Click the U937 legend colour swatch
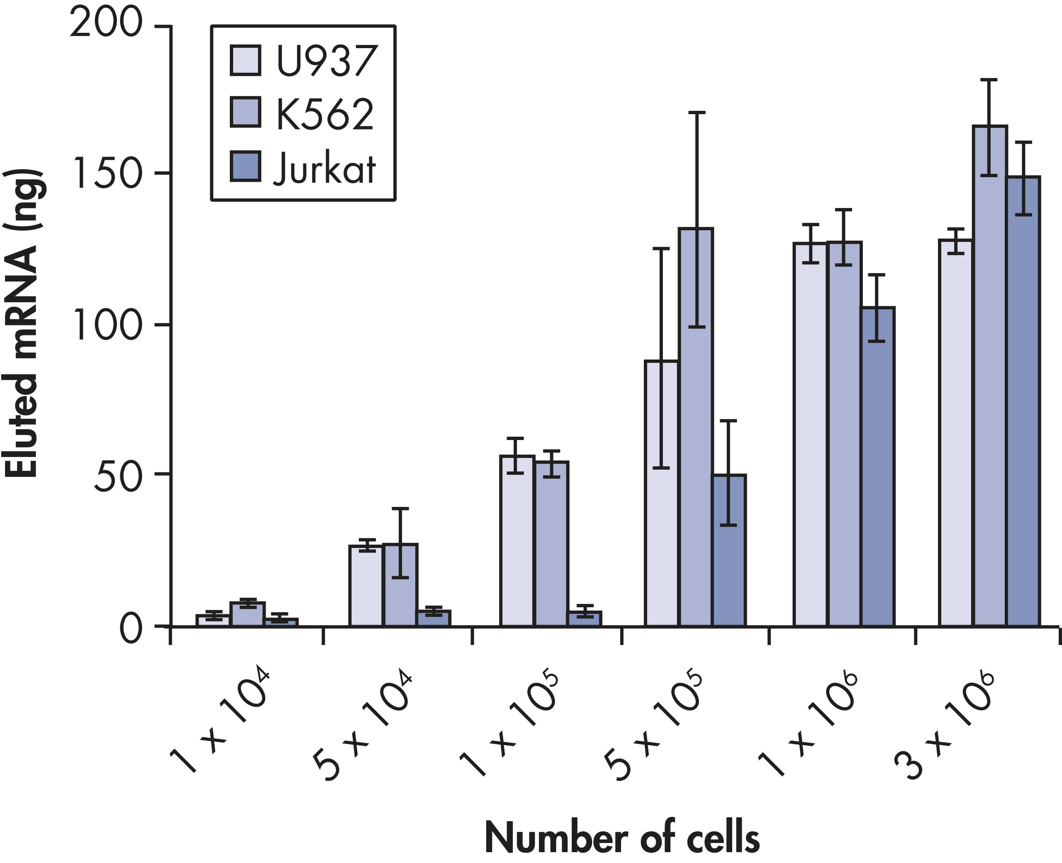coord(246,61)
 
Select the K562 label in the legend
coord(325,114)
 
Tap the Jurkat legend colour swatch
coord(246,167)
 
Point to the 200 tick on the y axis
coord(106,24)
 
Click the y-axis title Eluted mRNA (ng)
coord(22,323)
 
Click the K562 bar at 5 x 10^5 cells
coord(696,428)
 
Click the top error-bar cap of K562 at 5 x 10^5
coord(697,113)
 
